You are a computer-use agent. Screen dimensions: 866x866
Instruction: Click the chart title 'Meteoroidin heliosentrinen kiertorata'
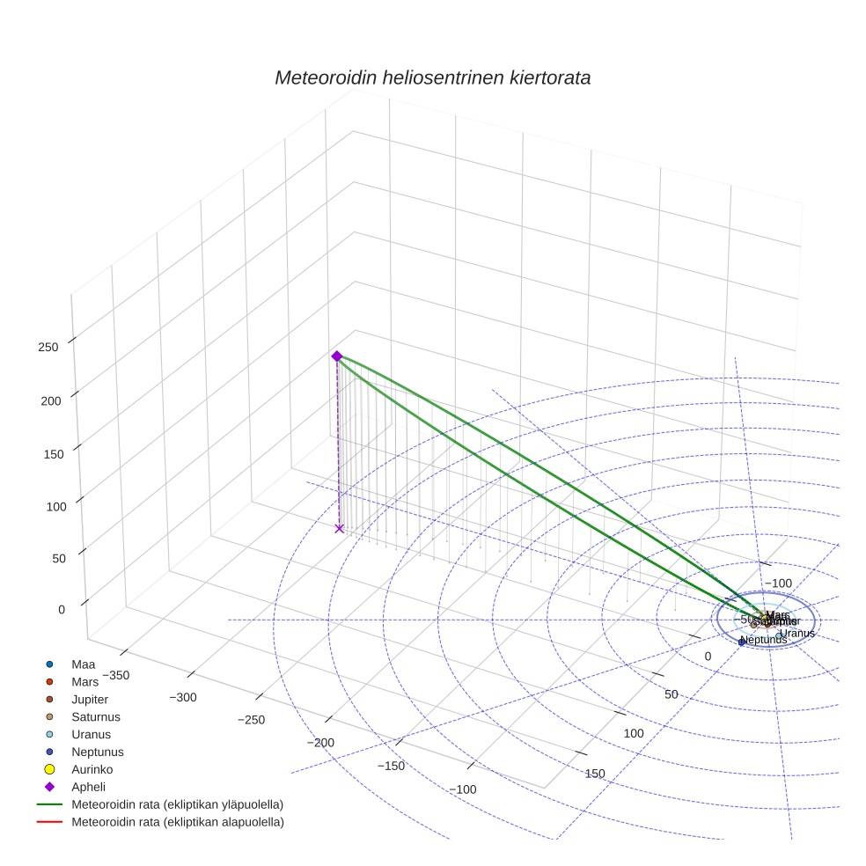pos(432,77)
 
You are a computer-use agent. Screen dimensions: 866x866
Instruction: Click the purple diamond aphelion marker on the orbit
pos(336,356)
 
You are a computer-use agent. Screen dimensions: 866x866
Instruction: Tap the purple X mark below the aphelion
pos(340,528)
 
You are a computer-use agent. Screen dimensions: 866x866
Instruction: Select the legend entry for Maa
pos(83,664)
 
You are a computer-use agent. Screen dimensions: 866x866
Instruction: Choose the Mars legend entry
pos(84,682)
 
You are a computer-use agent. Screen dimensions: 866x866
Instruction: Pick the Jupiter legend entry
pos(91,699)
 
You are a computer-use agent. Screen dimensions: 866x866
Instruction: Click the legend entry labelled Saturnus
pos(95,716)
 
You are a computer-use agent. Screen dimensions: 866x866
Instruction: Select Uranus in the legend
pos(91,734)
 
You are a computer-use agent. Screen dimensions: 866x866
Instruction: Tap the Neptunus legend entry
pos(97,752)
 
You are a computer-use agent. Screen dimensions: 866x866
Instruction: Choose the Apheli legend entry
pos(88,787)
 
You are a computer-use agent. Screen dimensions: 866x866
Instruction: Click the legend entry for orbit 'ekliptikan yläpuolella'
pos(177,804)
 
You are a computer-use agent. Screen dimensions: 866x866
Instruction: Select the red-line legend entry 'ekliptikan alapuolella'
pos(178,822)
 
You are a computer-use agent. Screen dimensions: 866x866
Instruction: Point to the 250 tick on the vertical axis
pos(48,347)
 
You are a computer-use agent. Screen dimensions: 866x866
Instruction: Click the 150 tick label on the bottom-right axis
pos(595,774)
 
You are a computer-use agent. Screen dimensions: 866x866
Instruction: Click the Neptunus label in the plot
pos(763,640)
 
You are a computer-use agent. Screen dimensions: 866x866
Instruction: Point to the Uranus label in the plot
pos(797,633)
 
